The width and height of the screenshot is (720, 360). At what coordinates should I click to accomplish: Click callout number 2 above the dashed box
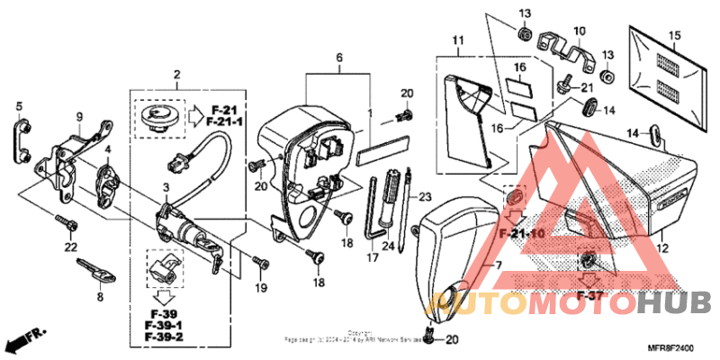(177, 74)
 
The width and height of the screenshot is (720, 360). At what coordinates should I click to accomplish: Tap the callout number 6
(339, 57)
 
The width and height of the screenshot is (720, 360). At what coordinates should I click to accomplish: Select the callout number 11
(457, 40)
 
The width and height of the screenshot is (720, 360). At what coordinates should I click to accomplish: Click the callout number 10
(579, 31)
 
